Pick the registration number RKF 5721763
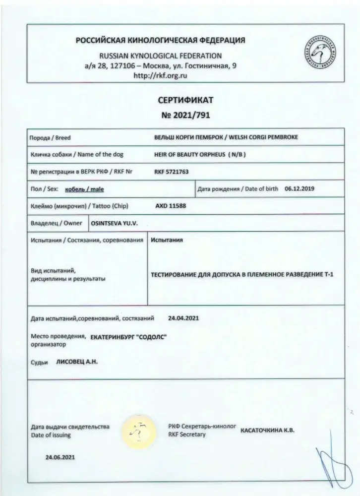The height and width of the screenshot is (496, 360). (x=172, y=172)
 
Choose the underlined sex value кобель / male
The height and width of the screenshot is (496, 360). (x=84, y=189)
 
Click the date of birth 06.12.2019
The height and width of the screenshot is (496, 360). (x=300, y=188)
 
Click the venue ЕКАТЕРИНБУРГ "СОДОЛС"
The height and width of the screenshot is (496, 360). (x=129, y=337)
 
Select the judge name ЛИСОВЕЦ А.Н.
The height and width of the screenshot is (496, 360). (x=77, y=362)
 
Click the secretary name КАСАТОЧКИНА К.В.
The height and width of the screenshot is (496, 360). (x=267, y=430)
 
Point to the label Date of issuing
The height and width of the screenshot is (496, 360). (x=51, y=435)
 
